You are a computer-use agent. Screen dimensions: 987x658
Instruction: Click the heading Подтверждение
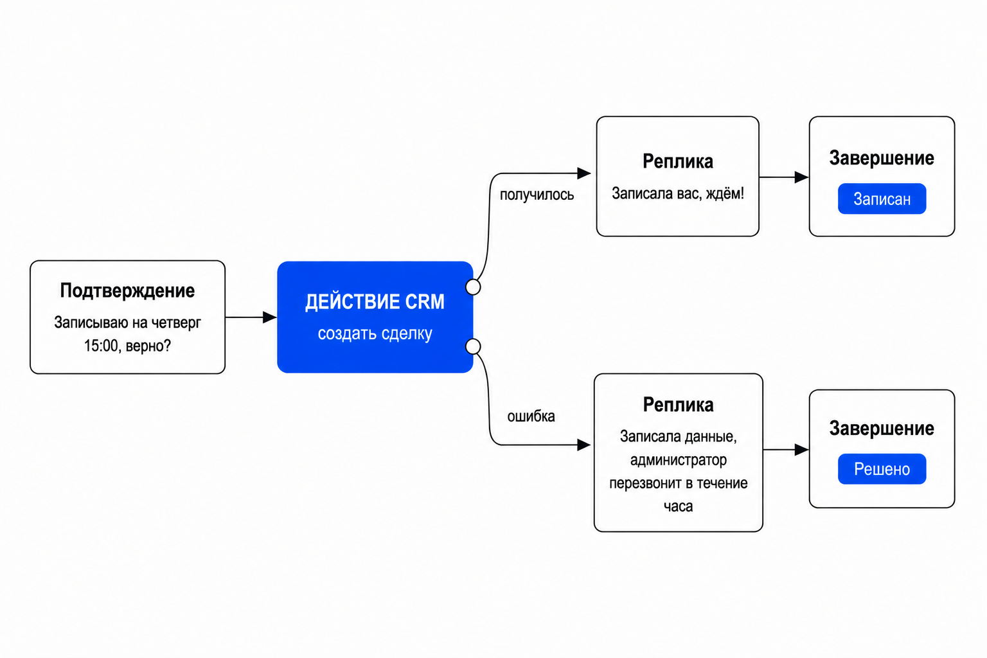click(127, 291)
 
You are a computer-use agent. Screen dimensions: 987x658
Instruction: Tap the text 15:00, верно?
click(127, 346)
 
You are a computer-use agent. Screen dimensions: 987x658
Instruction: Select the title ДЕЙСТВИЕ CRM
click(375, 303)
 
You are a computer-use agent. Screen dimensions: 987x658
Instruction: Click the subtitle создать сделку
click(375, 333)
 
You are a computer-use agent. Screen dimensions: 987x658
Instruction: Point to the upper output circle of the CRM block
click(473, 287)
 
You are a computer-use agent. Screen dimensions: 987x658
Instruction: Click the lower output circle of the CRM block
click(473, 346)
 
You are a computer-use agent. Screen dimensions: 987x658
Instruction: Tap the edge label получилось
click(537, 195)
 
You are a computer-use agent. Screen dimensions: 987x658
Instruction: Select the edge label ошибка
click(531, 416)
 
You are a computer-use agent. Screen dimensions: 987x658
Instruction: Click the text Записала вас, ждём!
click(678, 193)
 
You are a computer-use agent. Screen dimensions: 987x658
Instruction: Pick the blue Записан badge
click(882, 199)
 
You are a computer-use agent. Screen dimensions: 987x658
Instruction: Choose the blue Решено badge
click(882, 469)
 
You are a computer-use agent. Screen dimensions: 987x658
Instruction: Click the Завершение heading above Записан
click(882, 158)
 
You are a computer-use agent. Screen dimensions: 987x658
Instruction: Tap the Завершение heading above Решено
click(882, 429)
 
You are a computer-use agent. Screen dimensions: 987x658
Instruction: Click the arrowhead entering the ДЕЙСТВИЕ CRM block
click(270, 317)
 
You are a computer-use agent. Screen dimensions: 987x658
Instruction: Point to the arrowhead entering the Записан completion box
click(801, 177)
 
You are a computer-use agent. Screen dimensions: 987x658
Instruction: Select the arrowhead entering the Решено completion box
click(801, 450)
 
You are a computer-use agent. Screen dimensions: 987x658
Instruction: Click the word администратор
click(678, 460)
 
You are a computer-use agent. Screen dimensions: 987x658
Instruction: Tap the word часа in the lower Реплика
click(678, 506)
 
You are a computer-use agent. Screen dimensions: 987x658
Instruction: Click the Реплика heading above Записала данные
click(678, 405)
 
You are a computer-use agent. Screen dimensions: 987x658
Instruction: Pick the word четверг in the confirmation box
click(176, 323)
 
